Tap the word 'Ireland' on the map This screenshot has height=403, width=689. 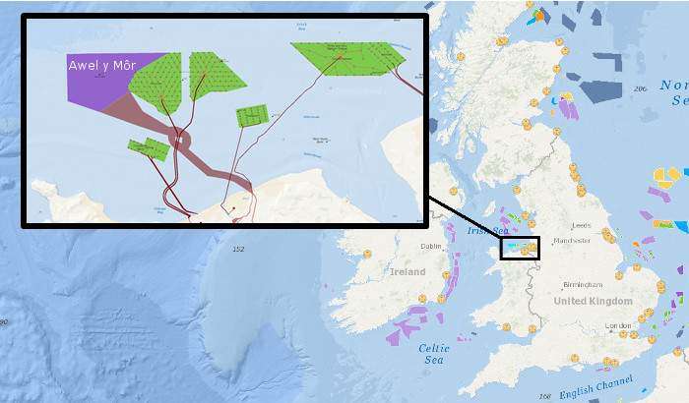(407, 271)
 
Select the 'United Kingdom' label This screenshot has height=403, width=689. (593, 301)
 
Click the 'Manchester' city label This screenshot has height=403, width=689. (571, 239)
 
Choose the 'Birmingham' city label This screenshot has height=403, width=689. (582, 284)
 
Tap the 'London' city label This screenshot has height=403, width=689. (618, 325)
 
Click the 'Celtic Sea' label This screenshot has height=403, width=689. (434, 354)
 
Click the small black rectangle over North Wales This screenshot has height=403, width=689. (520, 248)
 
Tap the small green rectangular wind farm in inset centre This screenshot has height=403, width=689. (252, 116)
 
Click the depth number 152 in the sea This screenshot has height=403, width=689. (237, 250)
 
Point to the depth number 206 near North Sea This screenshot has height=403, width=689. (641, 89)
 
